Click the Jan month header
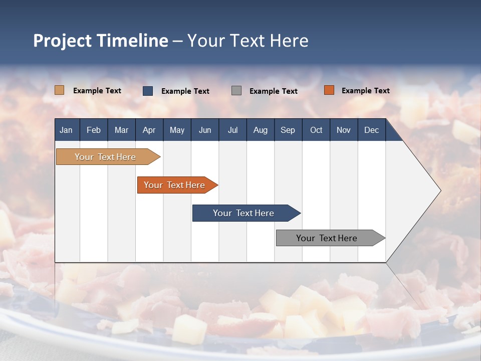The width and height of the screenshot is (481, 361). pos(66,130)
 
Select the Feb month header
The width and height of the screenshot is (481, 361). pos(94,130)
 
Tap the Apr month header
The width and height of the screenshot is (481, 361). pos(149,130)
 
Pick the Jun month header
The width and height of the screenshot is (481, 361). pos(205,130)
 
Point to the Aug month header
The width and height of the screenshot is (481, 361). pos(260,130)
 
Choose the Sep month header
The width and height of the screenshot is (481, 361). pos(288,130)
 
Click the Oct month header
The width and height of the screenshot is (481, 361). pos(316,130)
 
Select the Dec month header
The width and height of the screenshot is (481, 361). pos(371,130)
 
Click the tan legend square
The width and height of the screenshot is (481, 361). pos(59,90)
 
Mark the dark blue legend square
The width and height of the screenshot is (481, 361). pos(148,91)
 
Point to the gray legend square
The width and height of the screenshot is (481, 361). pos(236,91)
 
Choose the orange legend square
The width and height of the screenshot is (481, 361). pos(329,90)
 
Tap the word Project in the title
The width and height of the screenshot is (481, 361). pos(62,41)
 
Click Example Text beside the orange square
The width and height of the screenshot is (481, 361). pos(365,91)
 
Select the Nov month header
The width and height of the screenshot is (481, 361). pos(343,130)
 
